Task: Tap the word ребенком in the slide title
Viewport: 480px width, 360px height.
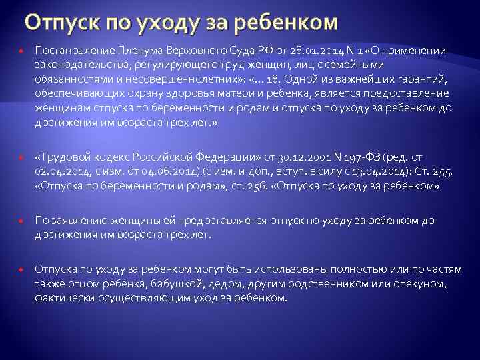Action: [x=290, y=25]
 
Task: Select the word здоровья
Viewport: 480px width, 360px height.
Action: [x=176, y=93]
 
